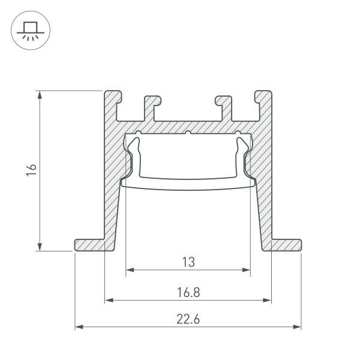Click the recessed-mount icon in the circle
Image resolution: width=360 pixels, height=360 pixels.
pyautogui.click(x=28, y=30)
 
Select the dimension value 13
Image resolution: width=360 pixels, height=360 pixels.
pyautogui.click(x=188, y=262)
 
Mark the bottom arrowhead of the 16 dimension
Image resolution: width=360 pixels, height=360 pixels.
pyautogui.click(x=40, y=248)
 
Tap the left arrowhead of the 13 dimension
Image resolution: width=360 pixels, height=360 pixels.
pyautogui.click(x=128, y=270)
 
